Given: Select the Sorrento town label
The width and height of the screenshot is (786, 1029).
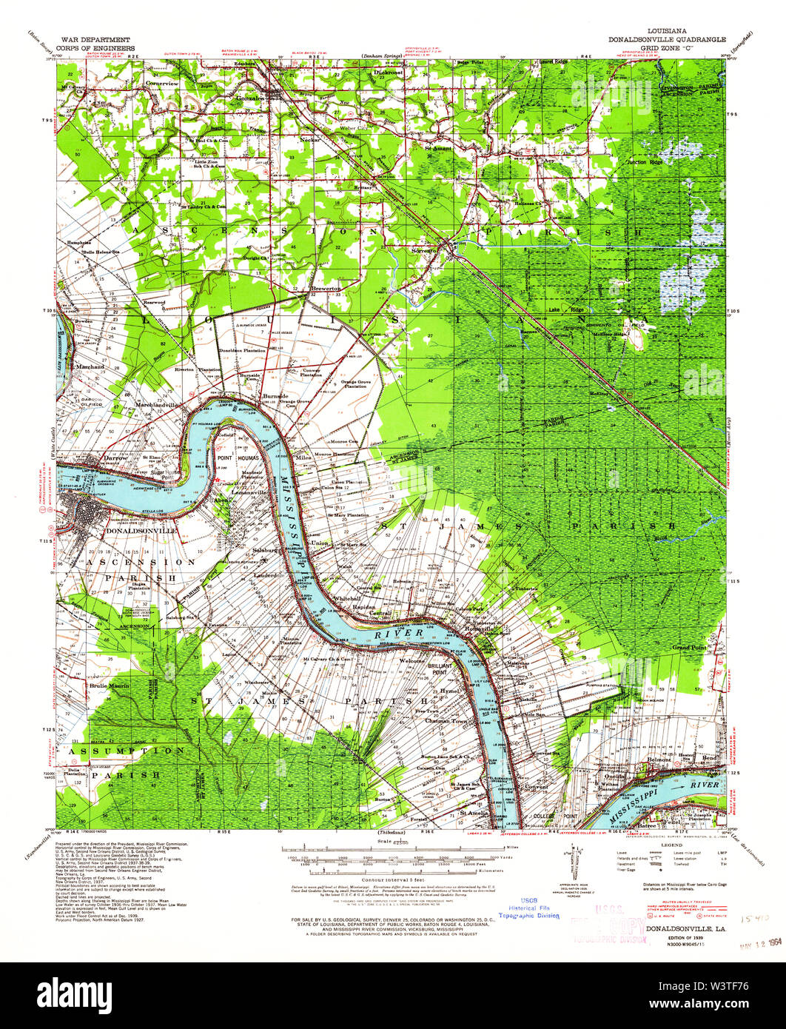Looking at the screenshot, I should (426, 250).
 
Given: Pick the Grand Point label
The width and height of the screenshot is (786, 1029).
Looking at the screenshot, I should (689, 647).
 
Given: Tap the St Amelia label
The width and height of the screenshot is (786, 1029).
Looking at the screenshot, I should (471, 812).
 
